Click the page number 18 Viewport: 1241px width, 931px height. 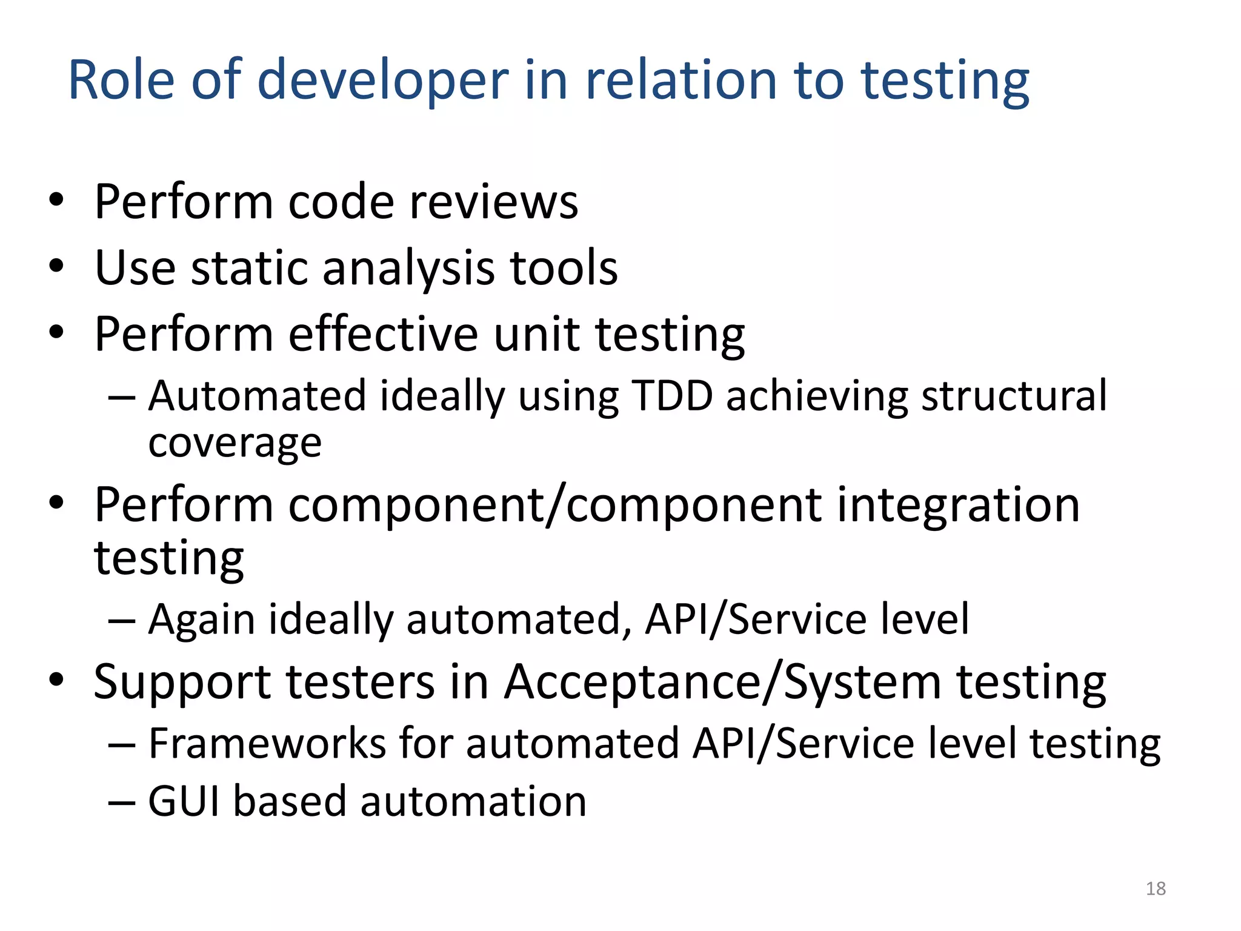(x=1156, y=889)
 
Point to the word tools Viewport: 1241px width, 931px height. (x=564, y=267)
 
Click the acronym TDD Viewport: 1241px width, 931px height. (x=671, y=396)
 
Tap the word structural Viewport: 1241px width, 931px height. (x=1014, y=396)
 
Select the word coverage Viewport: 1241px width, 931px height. (x=235, y=443)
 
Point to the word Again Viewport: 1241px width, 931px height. (x=202, y=620)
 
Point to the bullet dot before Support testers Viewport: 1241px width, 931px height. (x=56, y=680)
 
